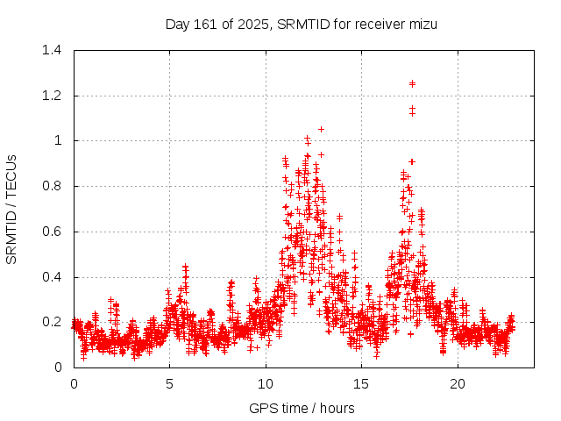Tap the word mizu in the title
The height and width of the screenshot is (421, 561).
pyautogui.click(x=423, y=24)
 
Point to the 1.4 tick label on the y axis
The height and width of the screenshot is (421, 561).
pyautogui.click(x=52, y=50)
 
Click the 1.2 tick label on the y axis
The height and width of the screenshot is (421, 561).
pyautogui.click(x=52, y=96)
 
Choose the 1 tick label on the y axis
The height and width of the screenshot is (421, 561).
pyautogui.click(x=58, y=140)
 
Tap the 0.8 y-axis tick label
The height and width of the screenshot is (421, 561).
pyautogui.click(x=52, y=186)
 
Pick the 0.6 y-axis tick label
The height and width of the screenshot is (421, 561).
pyautogui.click(x=52, y=232)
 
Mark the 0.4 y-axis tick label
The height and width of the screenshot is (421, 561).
pyautogui.click(x=52, y=276)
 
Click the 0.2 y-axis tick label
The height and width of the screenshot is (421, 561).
pyautogui.click(x=52, y=322)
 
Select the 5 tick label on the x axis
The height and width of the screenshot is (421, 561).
pyautogui.click(x=169, y=384)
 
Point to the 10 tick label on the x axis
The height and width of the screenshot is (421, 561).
pyautogui.click(x=266, y=384)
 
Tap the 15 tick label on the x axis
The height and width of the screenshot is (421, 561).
pyautogui.click(x=361, y=384)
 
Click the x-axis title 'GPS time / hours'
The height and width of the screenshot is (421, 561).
pyautogui.click(x=302, y=408)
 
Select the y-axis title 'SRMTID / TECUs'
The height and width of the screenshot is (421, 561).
pyautogui.click(x=12, y=209)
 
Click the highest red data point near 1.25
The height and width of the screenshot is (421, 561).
pyautogui.click(x=412, y=83)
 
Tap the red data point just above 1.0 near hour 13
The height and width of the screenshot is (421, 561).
pyautogui.click(x=321, y=129)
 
